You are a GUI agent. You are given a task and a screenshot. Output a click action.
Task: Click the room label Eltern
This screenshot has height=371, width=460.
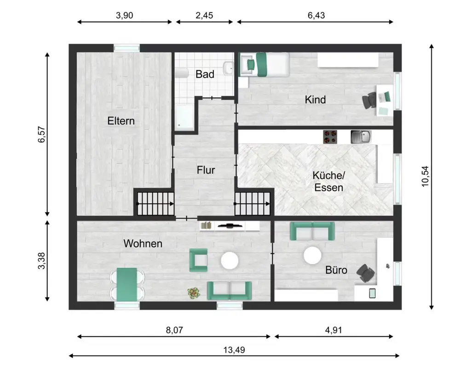(121, 121)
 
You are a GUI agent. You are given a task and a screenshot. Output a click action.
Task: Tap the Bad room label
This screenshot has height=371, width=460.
(205, 74)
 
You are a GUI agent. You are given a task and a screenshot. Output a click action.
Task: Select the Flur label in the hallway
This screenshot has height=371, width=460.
(206, 170)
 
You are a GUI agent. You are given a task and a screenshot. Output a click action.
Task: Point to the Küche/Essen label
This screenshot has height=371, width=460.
(328, 181)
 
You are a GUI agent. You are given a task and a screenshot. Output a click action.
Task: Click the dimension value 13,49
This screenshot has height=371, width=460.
(234, 349)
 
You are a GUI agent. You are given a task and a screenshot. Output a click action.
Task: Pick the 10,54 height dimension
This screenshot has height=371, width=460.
(425, 176)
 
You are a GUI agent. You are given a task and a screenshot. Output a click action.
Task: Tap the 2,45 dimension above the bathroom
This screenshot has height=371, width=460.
(204, 15)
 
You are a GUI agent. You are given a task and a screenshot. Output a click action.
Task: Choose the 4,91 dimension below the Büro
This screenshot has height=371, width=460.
(333, 330)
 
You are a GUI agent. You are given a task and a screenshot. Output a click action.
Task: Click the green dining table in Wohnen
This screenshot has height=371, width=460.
(127, 284)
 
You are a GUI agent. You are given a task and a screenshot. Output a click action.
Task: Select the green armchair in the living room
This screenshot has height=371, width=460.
(199, 260)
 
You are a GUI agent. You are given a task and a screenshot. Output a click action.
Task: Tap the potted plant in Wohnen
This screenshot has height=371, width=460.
(194, 293)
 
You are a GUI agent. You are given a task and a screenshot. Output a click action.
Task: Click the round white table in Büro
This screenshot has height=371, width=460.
(312, 255)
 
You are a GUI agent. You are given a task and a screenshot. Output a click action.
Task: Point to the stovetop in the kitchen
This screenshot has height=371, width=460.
(330, 137)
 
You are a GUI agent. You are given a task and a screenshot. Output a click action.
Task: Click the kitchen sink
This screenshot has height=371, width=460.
(361, 137)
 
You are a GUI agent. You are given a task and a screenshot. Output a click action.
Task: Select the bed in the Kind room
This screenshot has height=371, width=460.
(264, 65)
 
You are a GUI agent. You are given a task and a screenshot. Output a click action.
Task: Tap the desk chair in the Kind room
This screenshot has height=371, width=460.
(369, 100)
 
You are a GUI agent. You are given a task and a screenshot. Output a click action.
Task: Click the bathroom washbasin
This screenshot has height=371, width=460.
(228, 68)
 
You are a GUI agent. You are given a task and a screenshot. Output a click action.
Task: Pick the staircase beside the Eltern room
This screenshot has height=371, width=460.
(155, 203)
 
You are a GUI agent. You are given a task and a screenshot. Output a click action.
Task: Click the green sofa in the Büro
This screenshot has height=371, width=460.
(312, 231)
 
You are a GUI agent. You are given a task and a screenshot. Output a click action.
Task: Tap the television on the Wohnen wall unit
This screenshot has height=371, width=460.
(230, 225)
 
